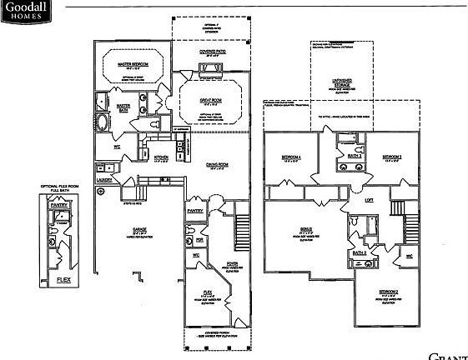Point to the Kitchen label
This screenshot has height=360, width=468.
point(162,156)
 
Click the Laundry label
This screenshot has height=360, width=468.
point(104,178)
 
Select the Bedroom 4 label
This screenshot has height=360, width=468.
point(291,157)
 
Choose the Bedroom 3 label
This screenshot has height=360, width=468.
point(392,157)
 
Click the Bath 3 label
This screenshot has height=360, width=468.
point(354,155)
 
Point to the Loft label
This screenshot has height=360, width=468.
point(368,200)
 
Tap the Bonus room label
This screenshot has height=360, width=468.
point(306,233)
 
